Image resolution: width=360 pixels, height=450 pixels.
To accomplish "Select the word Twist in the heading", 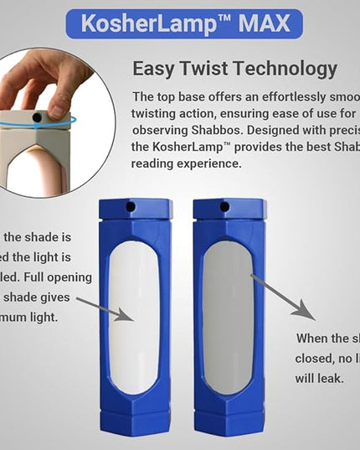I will coord(207,69).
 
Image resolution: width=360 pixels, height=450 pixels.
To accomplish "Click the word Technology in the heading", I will coord(284,69).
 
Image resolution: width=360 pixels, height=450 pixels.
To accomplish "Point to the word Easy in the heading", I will coord(156,69).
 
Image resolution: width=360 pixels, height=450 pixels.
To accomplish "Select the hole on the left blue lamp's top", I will coord(130,205).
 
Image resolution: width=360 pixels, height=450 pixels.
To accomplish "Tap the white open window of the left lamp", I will coord(134,318).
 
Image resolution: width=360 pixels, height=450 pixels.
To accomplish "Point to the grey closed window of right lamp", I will coord(228,318).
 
